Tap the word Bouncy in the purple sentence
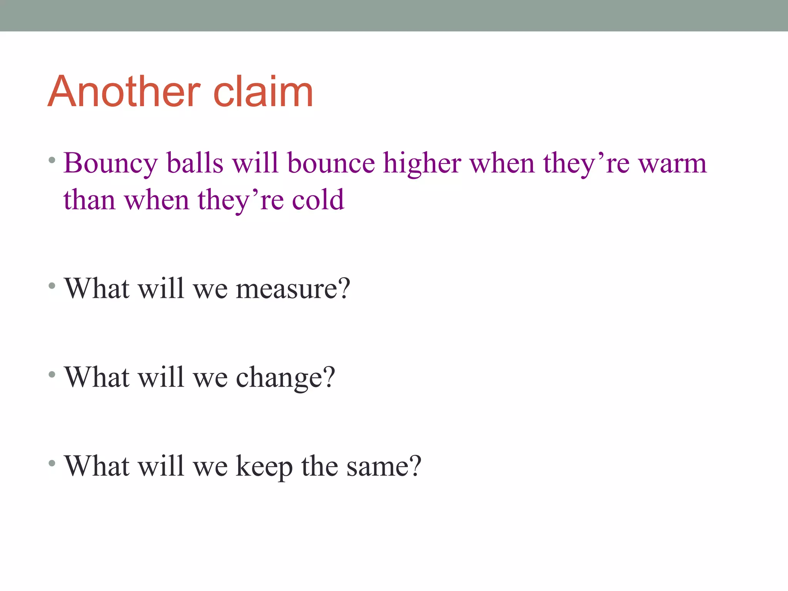(x=110, y=164)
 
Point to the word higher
(x=422, y=164)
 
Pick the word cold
(x=318, y=200)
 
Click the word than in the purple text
(x=89, y=200)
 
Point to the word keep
(x=264, y=466)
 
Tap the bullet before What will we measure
(x=52, y=286)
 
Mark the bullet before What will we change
(x=52, y=374)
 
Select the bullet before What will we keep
(x=52, y=463)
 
